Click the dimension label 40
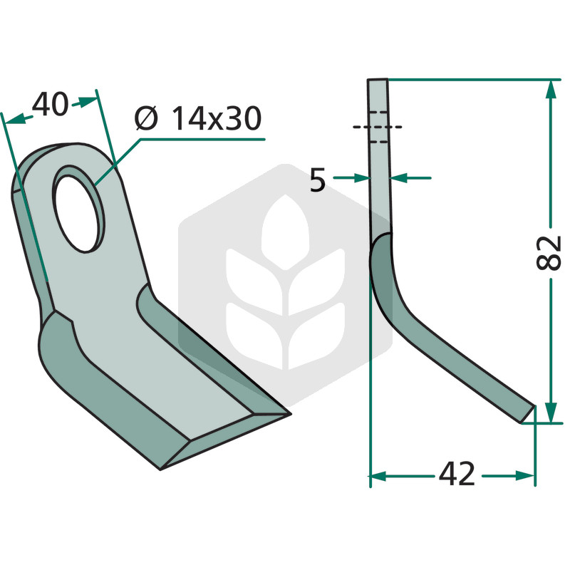(50, 104)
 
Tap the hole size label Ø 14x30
(198, 118)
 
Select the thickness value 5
(317, 181)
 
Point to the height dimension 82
(549, 253)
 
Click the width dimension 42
(457, 474)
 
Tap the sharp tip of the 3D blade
(290, 413)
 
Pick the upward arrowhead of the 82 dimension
(551, 90)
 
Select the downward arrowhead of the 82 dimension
(551, 413)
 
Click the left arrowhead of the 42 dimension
(378, 475)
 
